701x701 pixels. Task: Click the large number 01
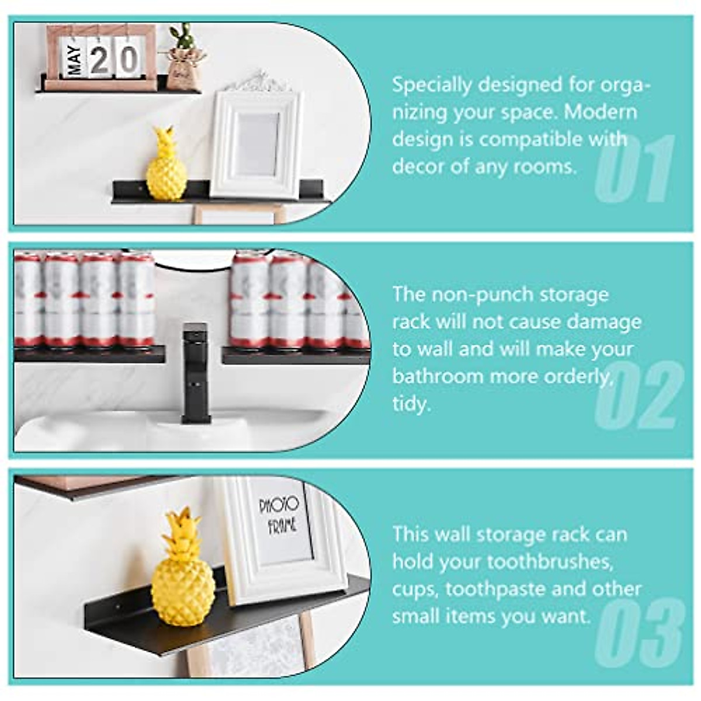(634, 169)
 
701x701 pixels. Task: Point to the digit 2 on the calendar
(100, 59)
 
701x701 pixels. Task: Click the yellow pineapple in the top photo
(166, 166)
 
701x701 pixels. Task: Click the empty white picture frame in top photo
(257, 143)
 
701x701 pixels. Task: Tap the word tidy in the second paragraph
(411, 404)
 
